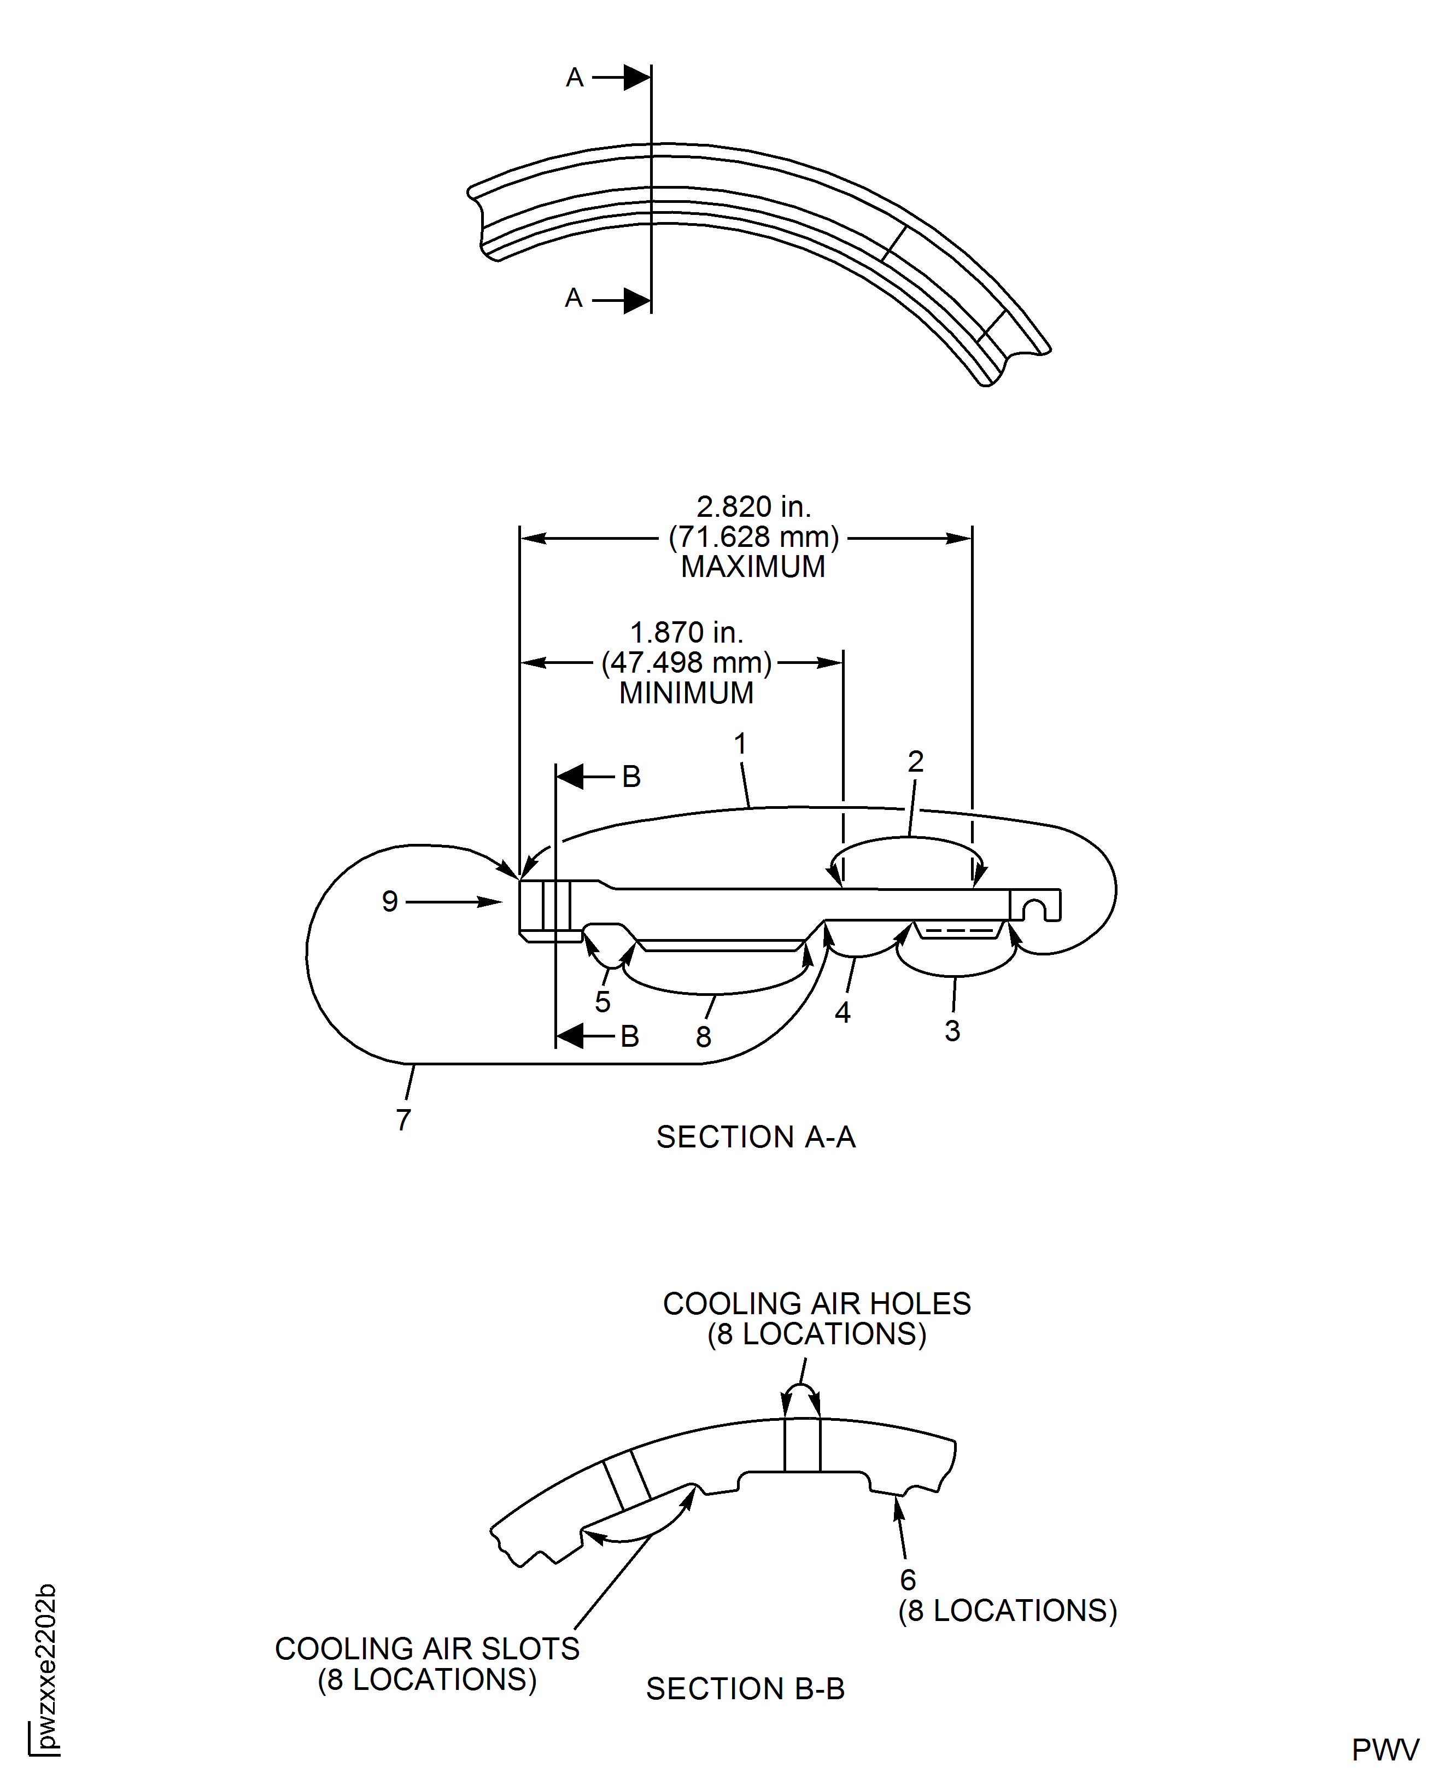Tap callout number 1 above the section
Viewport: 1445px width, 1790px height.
(740, 743)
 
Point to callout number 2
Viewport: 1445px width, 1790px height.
(916, 761)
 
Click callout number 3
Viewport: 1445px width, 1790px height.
(952, 1031)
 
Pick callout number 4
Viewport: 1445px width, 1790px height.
(843, 1012)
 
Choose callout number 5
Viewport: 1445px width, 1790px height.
(602, 1001)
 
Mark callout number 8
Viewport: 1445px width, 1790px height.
(703, 1036)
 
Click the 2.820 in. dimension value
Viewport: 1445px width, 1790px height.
(753, 506)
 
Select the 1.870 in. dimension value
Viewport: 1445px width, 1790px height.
(686, 633)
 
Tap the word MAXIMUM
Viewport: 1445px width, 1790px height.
(753, 567)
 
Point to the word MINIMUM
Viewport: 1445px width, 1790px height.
(686, 693)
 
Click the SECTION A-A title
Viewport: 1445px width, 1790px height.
(756, 1136)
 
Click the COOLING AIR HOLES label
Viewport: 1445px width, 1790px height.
(817, 1304)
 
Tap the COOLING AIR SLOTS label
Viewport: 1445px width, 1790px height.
(427, 1648)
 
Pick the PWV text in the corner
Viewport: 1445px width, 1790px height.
(1385, 1749)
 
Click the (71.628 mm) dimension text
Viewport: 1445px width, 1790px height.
(753, 537)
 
